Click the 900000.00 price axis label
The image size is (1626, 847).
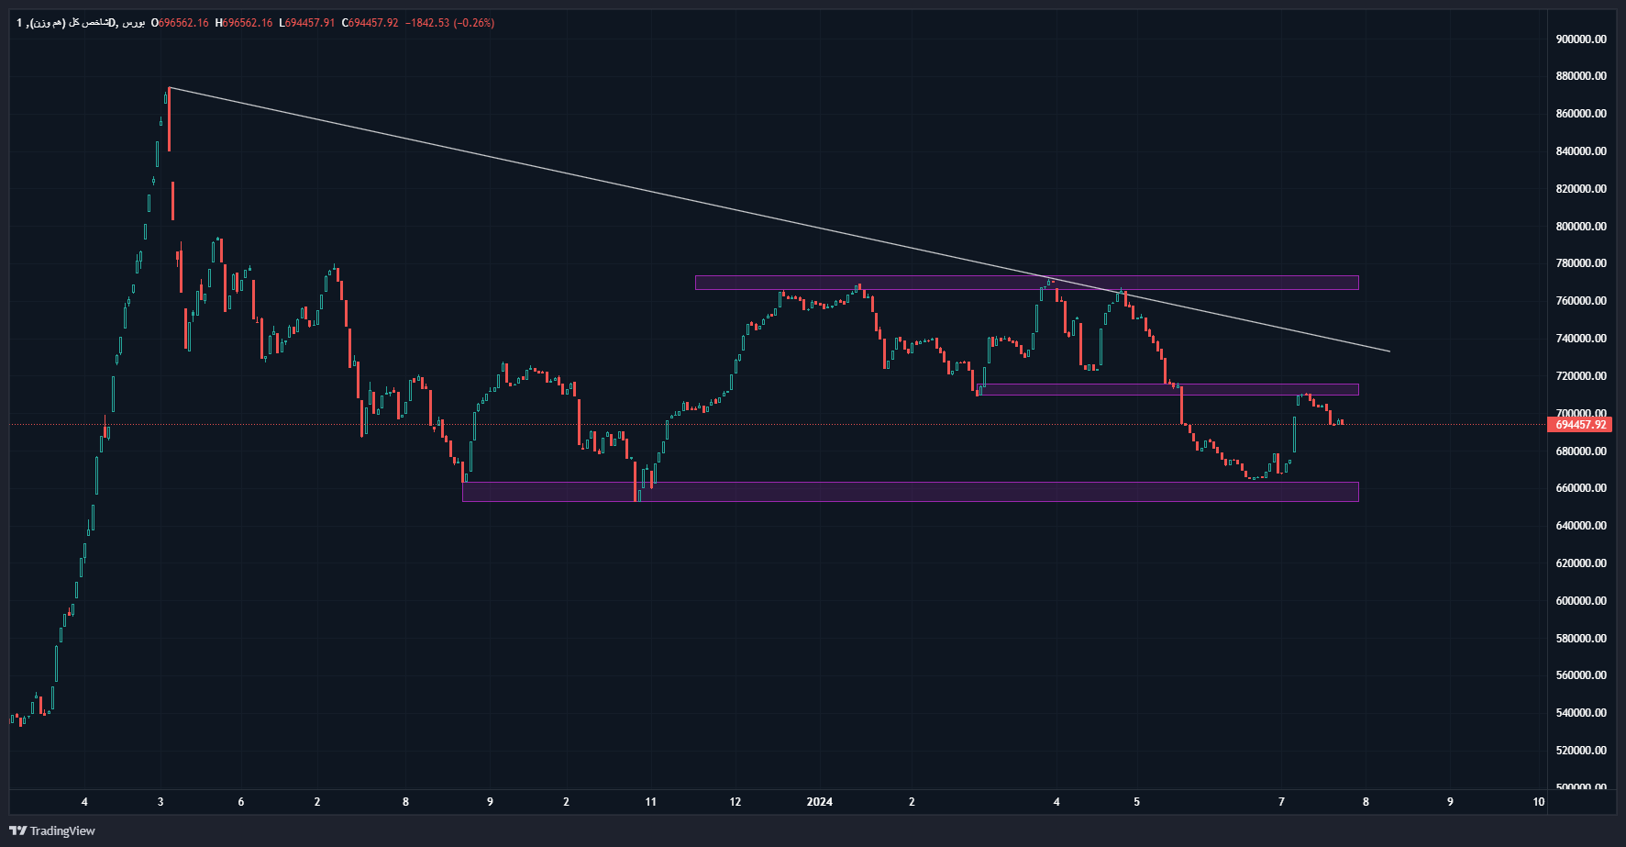(1580, 39)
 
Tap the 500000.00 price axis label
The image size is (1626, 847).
(1580, 787)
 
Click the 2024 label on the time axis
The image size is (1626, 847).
(819, 802)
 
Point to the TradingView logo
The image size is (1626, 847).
(52, 830)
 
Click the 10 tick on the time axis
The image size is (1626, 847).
(1538, 802)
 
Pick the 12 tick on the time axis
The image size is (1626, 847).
(735, 802)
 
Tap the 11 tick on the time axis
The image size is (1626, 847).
(650, 802)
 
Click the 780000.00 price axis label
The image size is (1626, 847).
(1580, 263)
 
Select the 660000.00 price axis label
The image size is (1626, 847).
(1580, 488)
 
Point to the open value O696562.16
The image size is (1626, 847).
(180, 23)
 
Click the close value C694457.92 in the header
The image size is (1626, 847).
(371, 23)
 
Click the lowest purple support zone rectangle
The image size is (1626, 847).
(910, 492)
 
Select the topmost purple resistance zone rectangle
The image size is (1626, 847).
(1026, 283)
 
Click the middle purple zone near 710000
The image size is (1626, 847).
(1167, 389)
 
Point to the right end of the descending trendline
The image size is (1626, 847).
(1389, 351)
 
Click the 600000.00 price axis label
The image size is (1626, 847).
(1580, 600)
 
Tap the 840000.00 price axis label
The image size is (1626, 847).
(1580, 151)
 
